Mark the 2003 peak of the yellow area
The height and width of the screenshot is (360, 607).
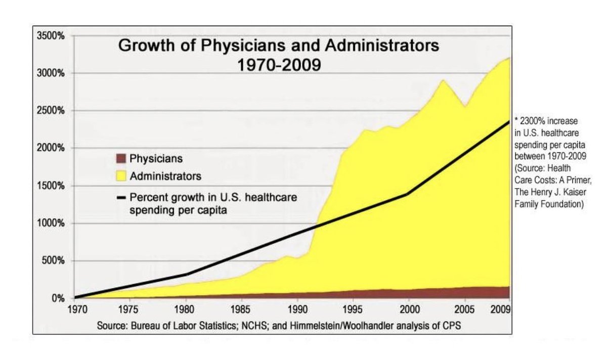pyautogui.click(x=443, y=80)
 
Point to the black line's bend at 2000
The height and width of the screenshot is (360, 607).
pyautogui.click(x=408, y=194)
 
